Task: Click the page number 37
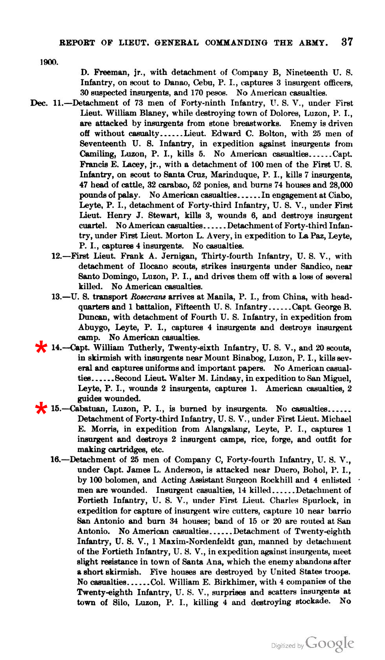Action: tap(347, 42)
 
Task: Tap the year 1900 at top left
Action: tap(49, 62)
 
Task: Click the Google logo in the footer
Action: tap(330, 644)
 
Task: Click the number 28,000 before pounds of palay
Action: tap(339, 185)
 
